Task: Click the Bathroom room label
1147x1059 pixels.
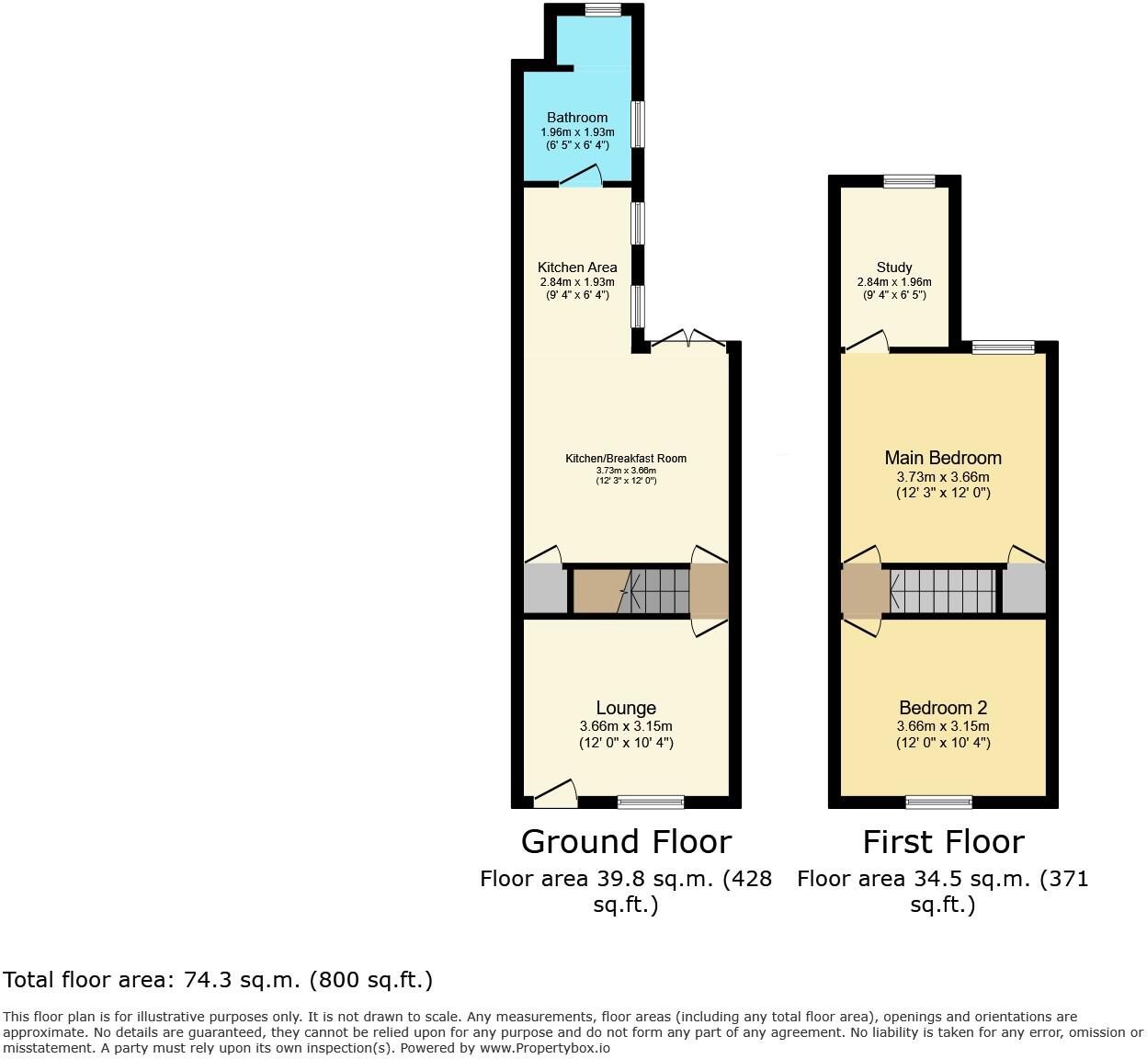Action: [577, 118]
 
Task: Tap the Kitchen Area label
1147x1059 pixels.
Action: [577, 268]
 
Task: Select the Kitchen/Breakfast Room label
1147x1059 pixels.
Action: [625, 459]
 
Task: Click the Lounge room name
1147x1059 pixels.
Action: [626, 708]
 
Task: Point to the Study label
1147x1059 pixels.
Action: [894, 268]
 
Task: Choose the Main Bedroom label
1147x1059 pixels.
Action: [943, 458]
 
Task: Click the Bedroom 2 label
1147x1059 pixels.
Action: [943, 708]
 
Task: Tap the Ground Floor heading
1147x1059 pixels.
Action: [626, 842]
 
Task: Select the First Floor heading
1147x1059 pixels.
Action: [943, 842]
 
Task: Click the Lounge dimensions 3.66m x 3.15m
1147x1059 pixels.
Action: [626, 726]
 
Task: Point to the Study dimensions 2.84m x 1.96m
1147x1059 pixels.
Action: [894, 282]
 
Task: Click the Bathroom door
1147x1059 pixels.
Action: [581, 176]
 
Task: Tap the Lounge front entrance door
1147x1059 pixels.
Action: [555, 793]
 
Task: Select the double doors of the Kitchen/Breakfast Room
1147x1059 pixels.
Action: [687, 338]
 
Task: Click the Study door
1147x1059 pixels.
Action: [867, 342]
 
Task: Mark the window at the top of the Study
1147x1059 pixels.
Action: [909, 182]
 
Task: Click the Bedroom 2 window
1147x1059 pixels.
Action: [938, 803]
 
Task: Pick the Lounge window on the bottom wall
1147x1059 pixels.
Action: [651, 803]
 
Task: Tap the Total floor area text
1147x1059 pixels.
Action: [218, 980]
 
